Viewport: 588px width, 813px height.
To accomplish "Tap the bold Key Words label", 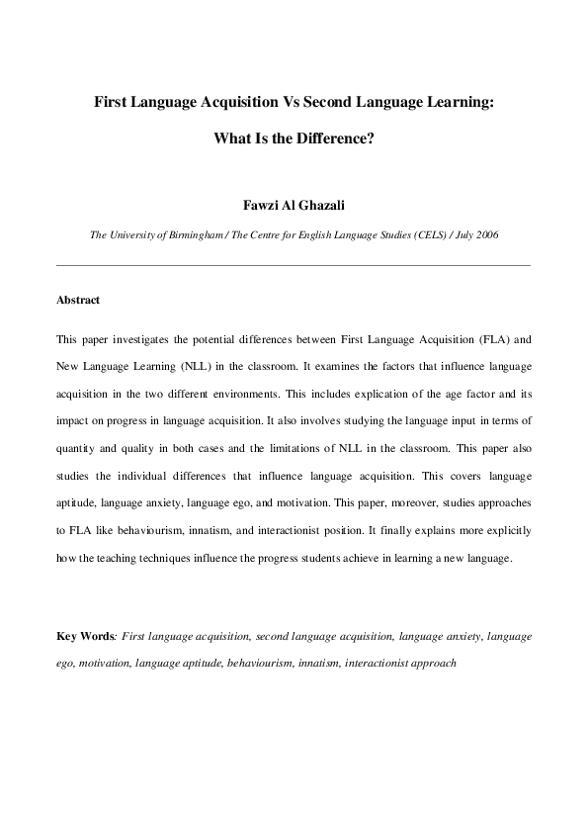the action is [x=85, y=636].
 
